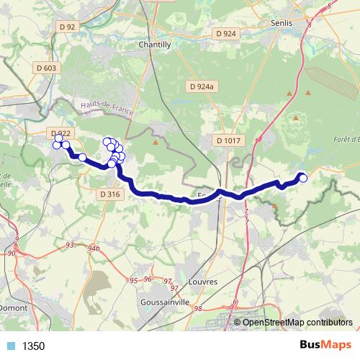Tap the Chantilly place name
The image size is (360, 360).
point(154,44)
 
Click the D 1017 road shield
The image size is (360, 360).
point(226,140)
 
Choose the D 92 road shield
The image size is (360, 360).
point(68,27)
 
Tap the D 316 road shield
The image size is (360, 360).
point(109,194)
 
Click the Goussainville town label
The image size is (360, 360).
point(166,302)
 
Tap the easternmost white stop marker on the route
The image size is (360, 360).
point(303,178)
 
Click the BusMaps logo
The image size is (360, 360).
point(325,346)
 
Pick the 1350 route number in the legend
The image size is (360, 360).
point(34,346)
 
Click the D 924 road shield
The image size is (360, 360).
point(225,34)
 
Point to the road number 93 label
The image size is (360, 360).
point(69,245)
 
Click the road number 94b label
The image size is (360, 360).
point(93,248)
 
